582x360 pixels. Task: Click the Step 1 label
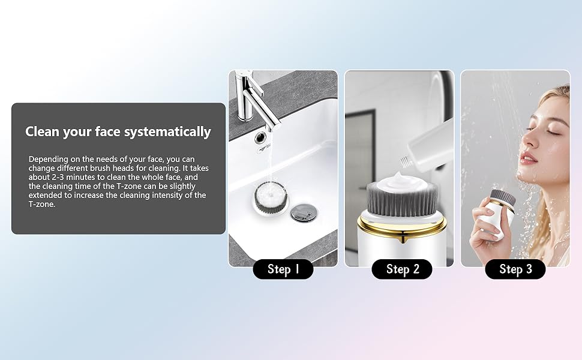283,269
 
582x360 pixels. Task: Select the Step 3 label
515,269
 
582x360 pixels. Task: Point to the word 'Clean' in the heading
44,132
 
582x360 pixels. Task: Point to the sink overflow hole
261,137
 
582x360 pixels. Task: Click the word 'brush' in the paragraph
123,169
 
